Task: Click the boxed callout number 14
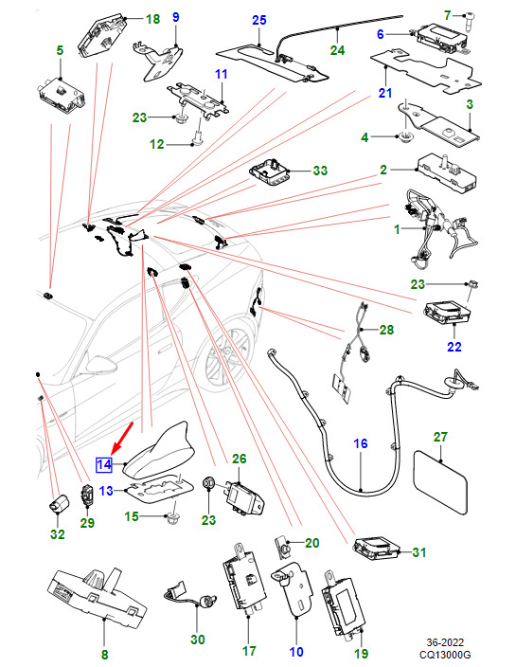(104, 464)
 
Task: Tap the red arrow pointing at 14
(122, 438)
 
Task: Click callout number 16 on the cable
(361, 443)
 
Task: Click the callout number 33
(320, 171)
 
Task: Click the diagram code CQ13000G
(445, 655)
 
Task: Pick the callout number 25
(258, 20)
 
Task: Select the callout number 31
(419, 552)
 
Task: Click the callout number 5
(60, 50)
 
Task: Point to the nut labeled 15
(172, 517)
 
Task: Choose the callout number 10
(296, 651)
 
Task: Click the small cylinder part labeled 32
(59, 504)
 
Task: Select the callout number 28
(386, 330)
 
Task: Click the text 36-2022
(445, 642)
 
